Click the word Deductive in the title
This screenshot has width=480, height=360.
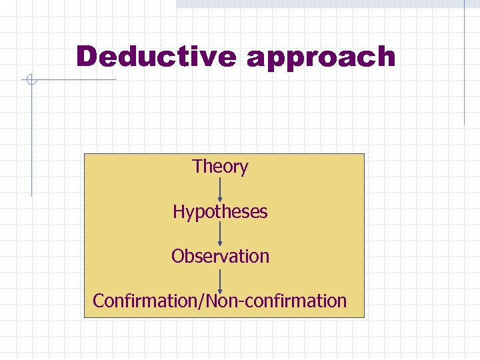point(156,57)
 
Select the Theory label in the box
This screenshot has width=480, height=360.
point(220,167)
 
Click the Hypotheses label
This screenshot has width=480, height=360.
point(220,212)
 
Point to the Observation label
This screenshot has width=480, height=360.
point(220,256)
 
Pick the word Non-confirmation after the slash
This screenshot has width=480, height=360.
point(277,301)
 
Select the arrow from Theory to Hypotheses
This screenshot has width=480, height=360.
point(220,189)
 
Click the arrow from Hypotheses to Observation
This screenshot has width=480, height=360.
point(220,234)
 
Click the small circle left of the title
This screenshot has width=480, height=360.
point(30,81)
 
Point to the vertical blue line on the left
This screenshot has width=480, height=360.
point(31,140)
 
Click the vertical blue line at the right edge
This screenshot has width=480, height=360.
point(464,63)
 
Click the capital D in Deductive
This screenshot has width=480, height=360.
point(87,57)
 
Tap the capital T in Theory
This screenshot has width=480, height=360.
point(197,166)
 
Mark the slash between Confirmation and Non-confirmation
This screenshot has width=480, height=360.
point(203,301)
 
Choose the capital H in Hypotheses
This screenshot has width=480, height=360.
point(178,211)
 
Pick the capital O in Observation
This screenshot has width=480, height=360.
point(177,256)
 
